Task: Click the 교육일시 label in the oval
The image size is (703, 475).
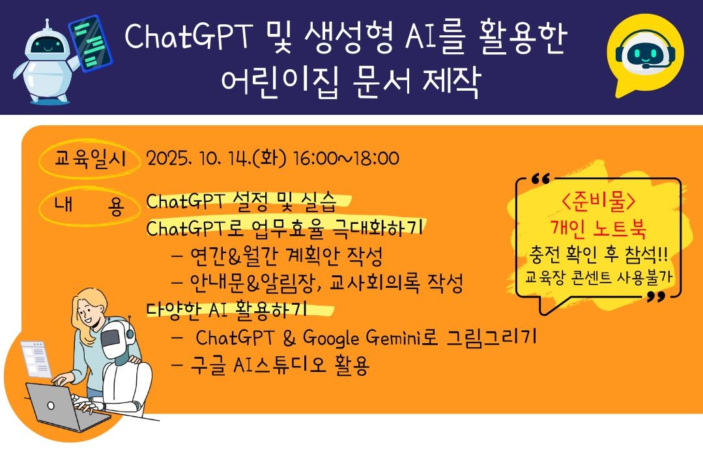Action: coord(90,159)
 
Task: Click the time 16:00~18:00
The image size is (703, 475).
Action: coord(346,159)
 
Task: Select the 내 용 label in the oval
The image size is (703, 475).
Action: coord(89,206)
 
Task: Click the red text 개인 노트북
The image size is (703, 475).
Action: coord(599,228)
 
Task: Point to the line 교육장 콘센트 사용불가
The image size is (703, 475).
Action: coord(599,277)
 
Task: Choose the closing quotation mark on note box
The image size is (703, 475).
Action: coord(656,297)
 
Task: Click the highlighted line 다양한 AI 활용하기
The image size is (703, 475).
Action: coord(227,310)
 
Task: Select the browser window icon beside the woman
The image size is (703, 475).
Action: coord(35,359)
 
